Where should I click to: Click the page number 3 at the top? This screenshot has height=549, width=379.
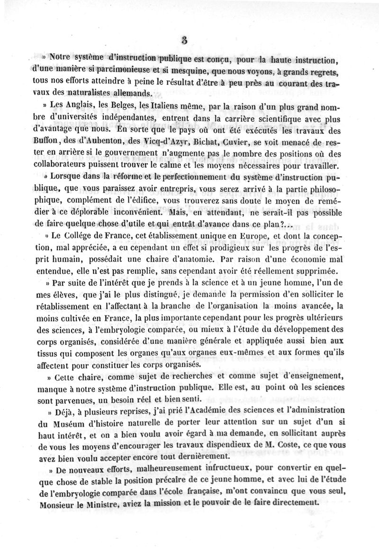185,41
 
